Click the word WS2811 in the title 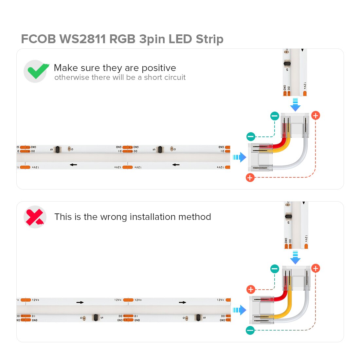[x=82, y=39]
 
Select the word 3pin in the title [x=152, y=39]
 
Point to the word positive [x=159, y=68]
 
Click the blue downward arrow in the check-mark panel [x=295, y=104]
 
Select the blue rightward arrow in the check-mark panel [x=240, y=157]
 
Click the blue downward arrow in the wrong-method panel [x=295, y=258]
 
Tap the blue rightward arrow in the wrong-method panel [x=240, y=310]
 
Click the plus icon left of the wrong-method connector [x=251, y=289]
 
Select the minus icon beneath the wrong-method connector [x=250, y=330]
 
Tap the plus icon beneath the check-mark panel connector [x=250, y=177]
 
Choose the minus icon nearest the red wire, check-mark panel [x=251, y=136]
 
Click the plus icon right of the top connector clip [x=315, y=115]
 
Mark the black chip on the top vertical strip [x=287, y=63]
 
